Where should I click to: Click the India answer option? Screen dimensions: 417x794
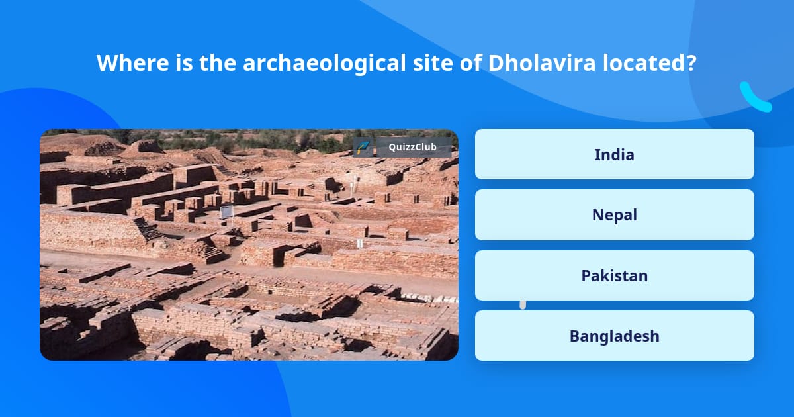614,154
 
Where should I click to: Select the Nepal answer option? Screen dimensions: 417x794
614,215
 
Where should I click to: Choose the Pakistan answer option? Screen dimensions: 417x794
614,275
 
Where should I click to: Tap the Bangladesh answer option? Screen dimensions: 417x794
614,336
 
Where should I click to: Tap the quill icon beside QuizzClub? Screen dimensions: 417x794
363,147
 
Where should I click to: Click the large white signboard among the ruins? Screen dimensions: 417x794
226,212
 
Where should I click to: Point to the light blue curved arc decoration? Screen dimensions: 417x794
754,98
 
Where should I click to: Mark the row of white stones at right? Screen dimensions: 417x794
423,297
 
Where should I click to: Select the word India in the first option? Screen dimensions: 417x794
614,154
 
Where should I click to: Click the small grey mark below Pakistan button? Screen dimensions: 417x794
523,304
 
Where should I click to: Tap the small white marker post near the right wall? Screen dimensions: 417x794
359,244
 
